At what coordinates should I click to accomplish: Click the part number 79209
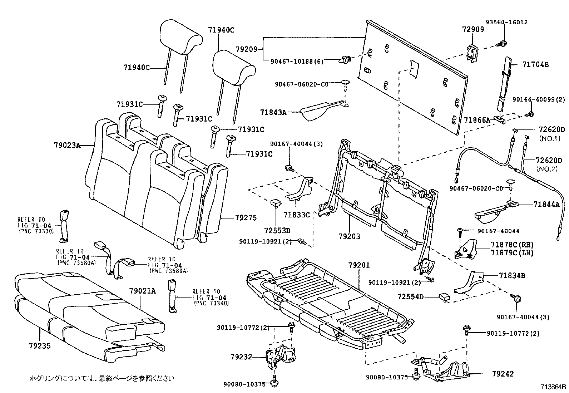click(x=247, y=49)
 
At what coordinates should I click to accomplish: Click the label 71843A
click(x=273, y=113)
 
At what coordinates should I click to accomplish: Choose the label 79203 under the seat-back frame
click(x=349, y=236)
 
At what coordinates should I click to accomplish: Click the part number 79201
click(x=359, y=265)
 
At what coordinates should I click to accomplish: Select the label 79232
click(x=241, y=357)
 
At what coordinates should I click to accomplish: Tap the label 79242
click(x=503, y=374)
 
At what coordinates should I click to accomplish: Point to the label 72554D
click(x=410, y=297)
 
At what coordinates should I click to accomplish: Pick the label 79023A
click(x=67, y=145)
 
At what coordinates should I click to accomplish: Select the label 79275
click(x=246, y=217)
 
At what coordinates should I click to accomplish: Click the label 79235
click(x=40, y=346)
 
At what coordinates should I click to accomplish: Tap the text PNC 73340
click(x=211, y=303)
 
